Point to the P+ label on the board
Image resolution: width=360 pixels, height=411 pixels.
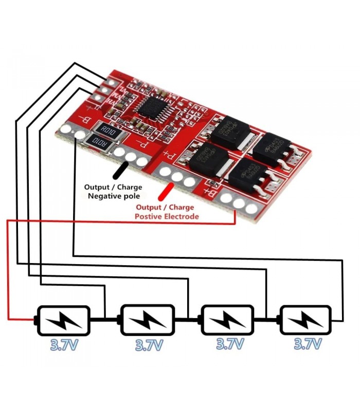(x=169, y=154)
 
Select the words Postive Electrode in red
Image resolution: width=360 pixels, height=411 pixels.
(x=167, y=217)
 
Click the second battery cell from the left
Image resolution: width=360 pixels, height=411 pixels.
(x=147, y=320)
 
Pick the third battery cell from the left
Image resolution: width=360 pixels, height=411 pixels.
(x=227, y=320)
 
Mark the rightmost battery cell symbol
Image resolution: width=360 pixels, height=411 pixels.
(x=304, y=320)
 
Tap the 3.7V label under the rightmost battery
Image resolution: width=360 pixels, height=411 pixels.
(x=308, y=344)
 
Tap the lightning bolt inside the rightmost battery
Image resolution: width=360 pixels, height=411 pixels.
(x=304, y=320)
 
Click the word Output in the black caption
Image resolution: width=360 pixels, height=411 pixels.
(x=96, y=187)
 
